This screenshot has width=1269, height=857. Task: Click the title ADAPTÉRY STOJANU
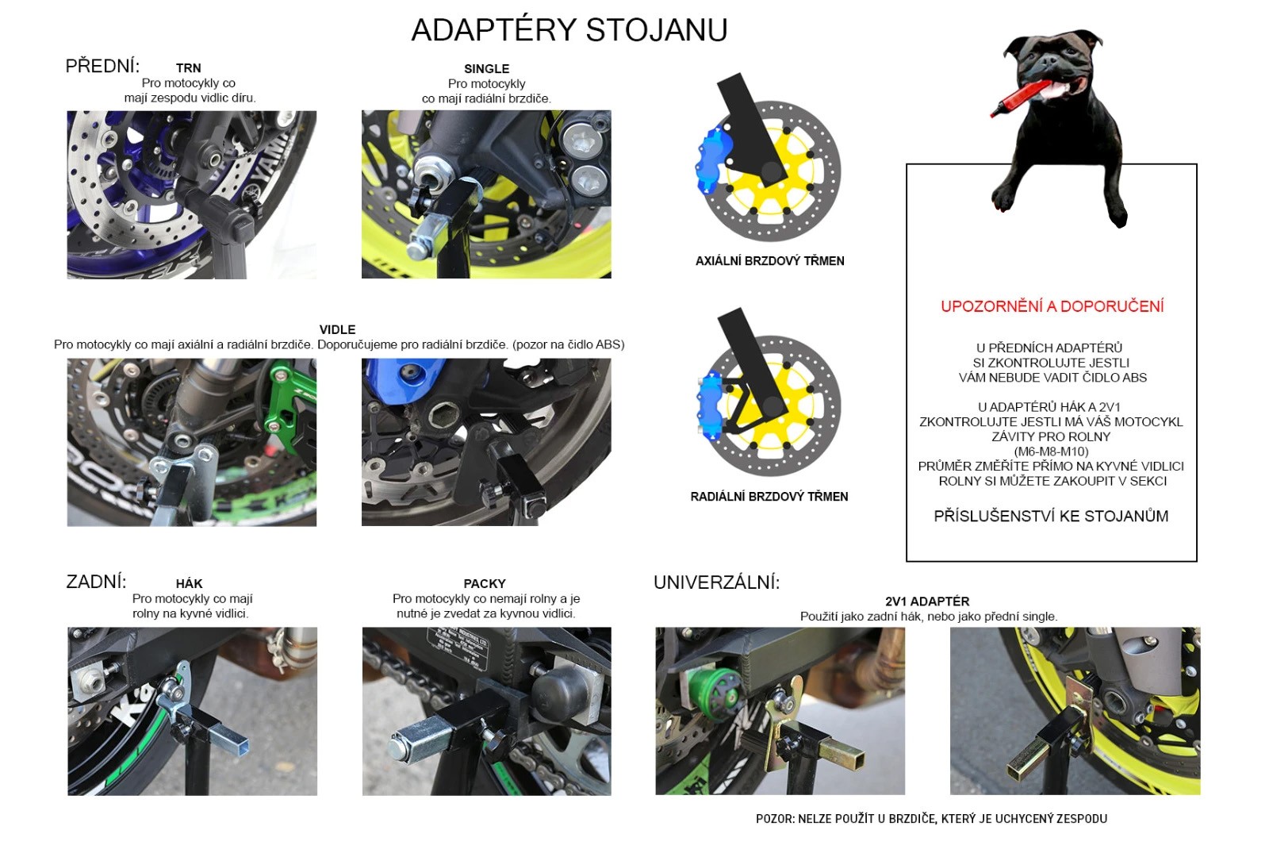click(569, 29)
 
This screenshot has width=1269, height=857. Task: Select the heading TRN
click(189, 68)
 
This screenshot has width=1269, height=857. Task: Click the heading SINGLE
click(487, 68)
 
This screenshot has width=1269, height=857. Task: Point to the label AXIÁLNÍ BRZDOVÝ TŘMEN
click(770, 261)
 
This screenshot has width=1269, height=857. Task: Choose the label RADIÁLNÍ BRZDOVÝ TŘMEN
click(769, 497)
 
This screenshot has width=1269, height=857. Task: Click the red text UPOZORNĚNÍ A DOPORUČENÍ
click(1052, 306)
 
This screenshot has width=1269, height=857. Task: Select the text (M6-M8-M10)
click(1051, 452)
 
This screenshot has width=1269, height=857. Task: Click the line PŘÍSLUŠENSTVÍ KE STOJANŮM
click(1051, 517)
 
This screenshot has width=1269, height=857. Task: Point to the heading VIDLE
click(338, 329)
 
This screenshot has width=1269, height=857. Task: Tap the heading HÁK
click(190, 584)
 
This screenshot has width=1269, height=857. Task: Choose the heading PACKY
click(485, 584)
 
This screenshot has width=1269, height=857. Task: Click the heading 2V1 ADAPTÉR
click(927, 601)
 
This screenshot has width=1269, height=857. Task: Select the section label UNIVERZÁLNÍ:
click(717, 582)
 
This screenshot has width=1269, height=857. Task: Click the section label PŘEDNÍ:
click(102, 67)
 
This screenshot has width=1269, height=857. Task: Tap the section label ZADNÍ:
click(96, 582)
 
